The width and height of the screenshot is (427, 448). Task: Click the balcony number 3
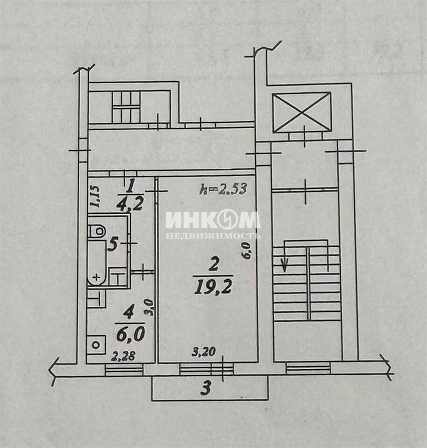[x=206, y=389]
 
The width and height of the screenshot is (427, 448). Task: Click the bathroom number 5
[x=113, y=245]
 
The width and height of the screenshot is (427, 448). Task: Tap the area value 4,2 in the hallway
[x=130, y=204]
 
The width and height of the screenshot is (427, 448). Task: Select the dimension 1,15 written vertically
[x=95, y=196]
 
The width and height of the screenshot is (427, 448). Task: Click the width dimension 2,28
[x=123, y=356]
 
